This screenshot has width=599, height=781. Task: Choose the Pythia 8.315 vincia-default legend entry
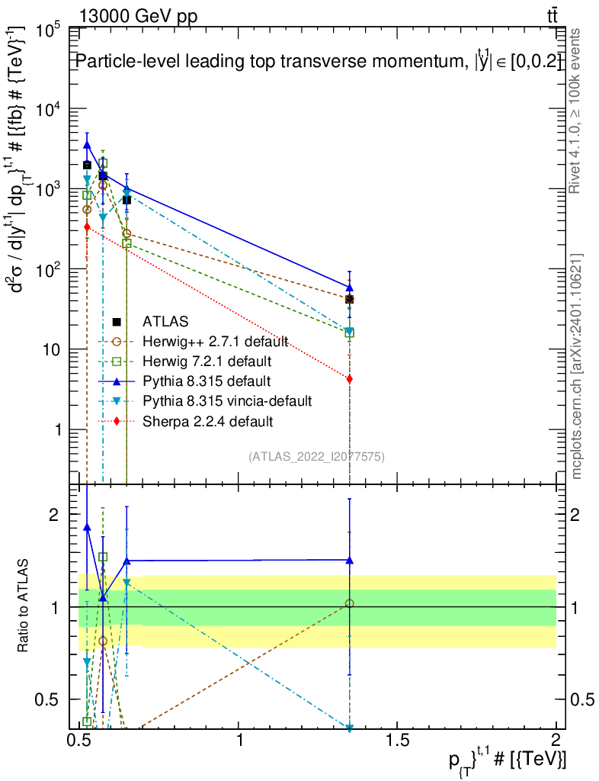220,400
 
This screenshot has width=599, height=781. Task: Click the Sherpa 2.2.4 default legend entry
202,420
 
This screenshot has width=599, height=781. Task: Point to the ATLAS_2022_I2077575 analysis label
316,457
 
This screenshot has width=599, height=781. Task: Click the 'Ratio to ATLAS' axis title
24,607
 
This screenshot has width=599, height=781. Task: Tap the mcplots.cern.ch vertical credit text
577,366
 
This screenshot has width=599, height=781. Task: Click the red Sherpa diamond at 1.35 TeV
349,379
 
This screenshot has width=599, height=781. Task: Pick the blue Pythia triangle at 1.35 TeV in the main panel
349,288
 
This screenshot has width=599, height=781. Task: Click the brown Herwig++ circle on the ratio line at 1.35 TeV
349,603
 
